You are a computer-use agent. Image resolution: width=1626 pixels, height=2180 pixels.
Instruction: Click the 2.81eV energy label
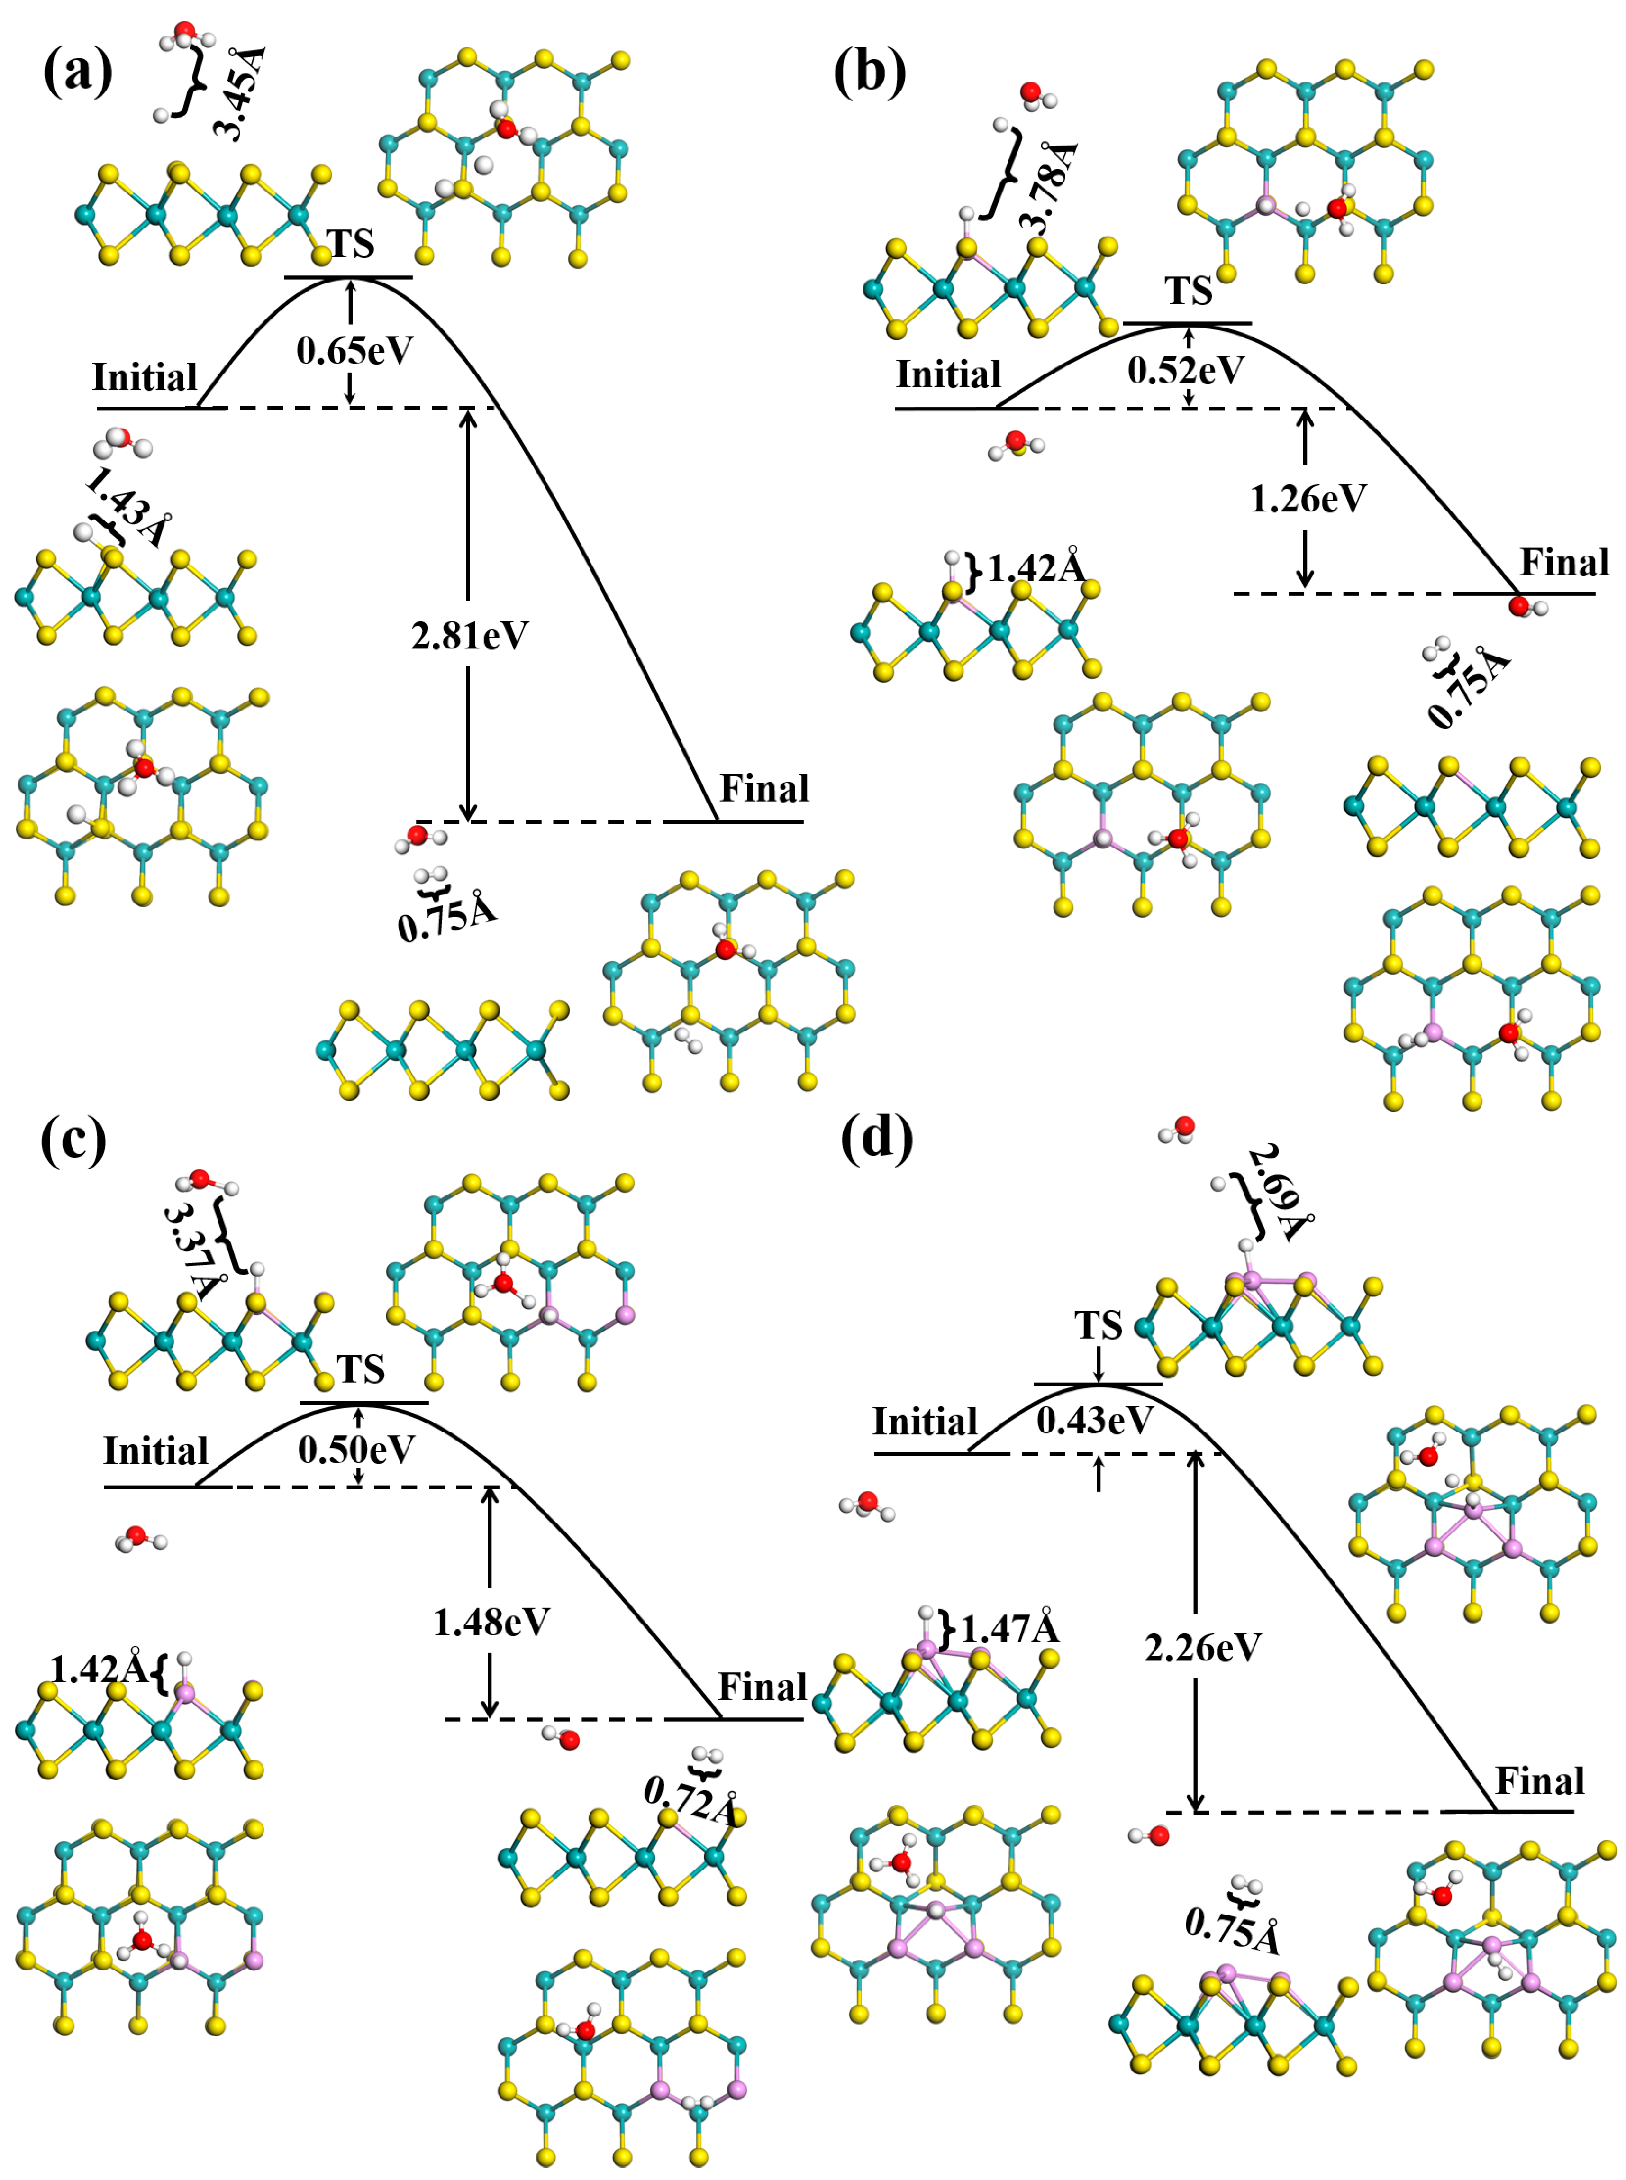tap(470, 636)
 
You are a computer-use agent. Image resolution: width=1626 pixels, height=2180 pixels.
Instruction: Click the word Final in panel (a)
tap(764, 788)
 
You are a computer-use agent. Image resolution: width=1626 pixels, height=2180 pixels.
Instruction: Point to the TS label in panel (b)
tap(1189, 292)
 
